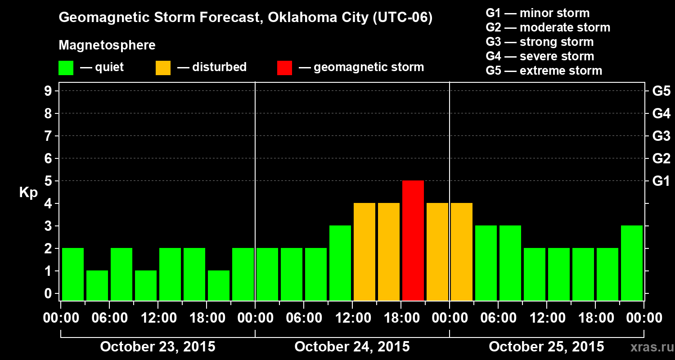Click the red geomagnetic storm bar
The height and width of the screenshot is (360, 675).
(x=413, y=240)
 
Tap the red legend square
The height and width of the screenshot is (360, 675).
(x=284, y=67)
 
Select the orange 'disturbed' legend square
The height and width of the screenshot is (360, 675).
(x=163, y=67)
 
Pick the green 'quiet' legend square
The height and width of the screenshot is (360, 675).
(x=66, y=67)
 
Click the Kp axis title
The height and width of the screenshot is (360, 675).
(x=28, y=193)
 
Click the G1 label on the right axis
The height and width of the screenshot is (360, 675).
(x=661, y=181)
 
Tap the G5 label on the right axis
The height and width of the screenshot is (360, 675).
(x=661, y=91)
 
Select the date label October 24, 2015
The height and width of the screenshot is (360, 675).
(x=352, y=346)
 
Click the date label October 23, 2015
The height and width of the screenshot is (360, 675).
(x=157, y=346)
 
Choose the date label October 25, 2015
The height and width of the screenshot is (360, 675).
(x=546, y=346)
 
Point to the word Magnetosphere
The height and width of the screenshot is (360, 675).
(x=107, y=45)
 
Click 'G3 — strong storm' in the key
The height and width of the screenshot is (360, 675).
(x=540, y=42)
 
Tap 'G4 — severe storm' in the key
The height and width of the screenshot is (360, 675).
(x=540, y=56)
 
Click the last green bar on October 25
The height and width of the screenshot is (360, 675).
(x=632, y=263)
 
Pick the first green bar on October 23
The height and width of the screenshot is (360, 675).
(x=73, y=274)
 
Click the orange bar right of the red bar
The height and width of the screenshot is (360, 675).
(x=437, y=252)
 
